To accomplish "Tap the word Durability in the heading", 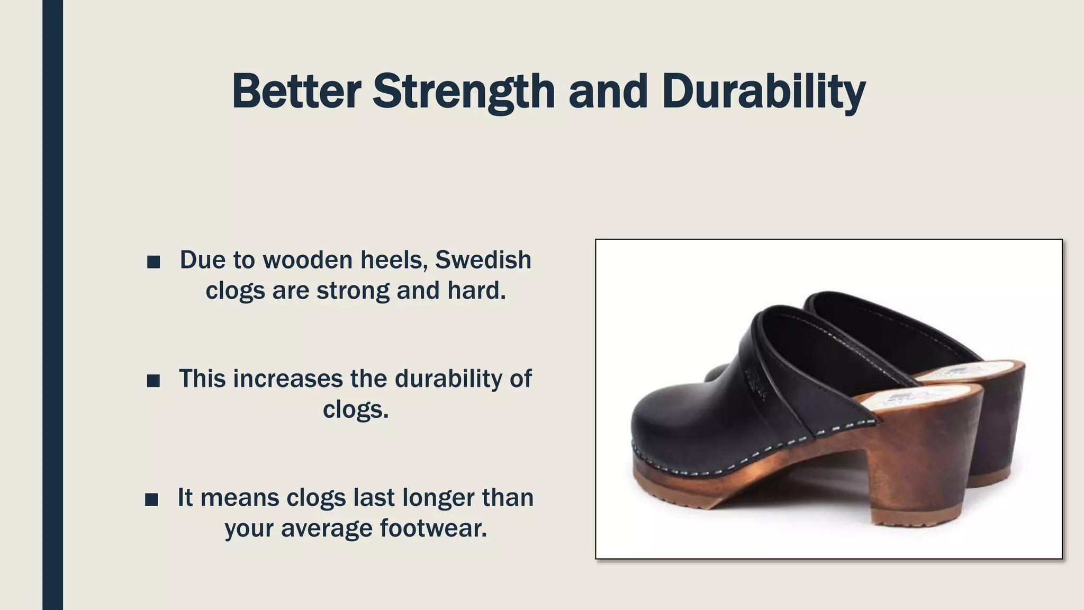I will tap(763, 91).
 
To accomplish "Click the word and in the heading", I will tap(608, 91).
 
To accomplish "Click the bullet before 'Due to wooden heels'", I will tap(153, 262).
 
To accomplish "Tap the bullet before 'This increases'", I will tap(153, 380).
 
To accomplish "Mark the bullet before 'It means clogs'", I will tap(151, 499).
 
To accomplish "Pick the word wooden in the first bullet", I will tap(308, 260).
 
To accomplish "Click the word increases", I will tap(287, 379).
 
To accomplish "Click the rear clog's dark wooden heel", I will tap(1000, 424).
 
